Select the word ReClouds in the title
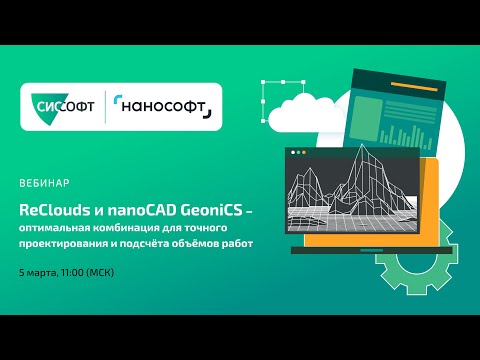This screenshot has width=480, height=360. [52, 211]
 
